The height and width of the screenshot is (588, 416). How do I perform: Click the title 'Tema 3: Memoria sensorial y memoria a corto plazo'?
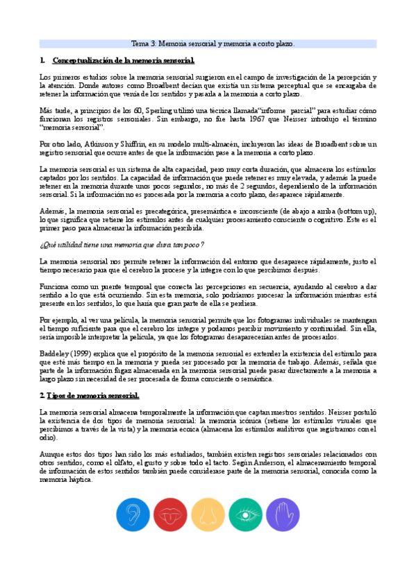coord(213,43)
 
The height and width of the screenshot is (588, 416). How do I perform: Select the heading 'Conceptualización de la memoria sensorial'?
coord(123,60)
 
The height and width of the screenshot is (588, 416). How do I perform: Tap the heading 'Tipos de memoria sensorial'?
coord(92,396)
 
